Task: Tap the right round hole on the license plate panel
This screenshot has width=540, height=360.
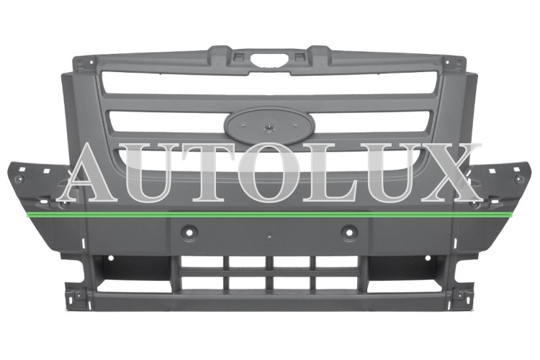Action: [x=349, y=231]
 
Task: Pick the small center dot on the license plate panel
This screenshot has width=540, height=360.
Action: [x=270, y=237]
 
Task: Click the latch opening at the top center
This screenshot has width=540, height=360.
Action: [x=270, y=60]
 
